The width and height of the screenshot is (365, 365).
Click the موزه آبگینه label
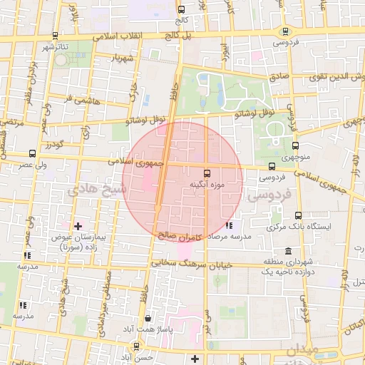click(x=207, y=184)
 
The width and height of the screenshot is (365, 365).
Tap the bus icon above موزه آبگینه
click(x=207, y=173)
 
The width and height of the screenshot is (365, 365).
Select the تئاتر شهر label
click(x=54, y=47)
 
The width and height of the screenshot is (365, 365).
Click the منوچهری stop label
click(x=292, y=155)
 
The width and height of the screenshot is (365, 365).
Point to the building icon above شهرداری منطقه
click(x=287, y=251)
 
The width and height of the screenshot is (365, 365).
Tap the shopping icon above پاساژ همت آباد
click(x=148, y=319)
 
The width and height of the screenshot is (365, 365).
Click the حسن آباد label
click(x=138, y=356)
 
